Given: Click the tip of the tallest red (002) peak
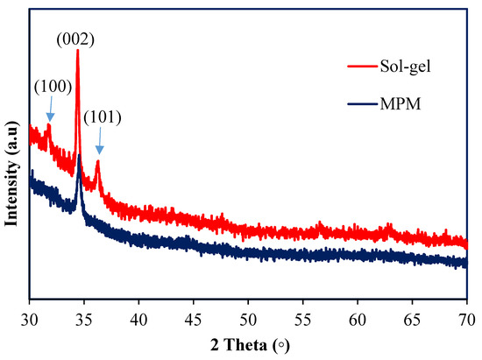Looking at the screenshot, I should click(x=77, y=51).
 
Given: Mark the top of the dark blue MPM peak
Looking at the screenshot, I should click(x=80, y=156).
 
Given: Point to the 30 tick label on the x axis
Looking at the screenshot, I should click(x=30, y=313).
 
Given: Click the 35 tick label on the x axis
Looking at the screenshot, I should click(x=84, y=313).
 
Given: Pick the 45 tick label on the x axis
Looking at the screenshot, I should click(x=194, y=313).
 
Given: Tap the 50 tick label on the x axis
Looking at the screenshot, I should click(x=248, y=313).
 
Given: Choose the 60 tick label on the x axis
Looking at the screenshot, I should click(x=358, y=313).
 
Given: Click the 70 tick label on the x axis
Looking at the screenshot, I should click(x=466, y=313).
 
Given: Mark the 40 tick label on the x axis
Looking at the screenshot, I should click(x=139, y=313).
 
